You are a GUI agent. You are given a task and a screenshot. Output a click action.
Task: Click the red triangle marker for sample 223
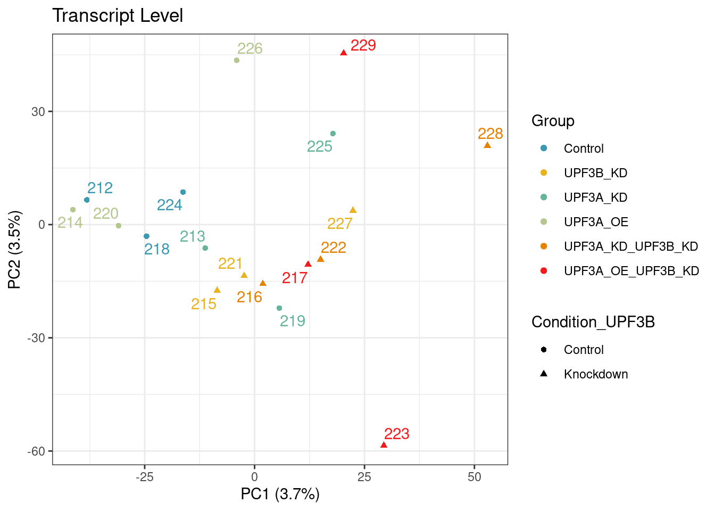click(x=384, y=445)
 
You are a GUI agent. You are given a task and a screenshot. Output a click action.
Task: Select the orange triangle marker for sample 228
click(x=487, y=145)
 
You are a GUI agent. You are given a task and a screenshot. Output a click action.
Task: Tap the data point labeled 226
click(x=237, y=60)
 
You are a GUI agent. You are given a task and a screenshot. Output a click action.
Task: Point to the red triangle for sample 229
click(x=344, y=53)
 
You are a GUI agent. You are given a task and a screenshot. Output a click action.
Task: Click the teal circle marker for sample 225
click(x=333, y=134)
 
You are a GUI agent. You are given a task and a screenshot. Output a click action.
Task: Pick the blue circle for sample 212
click(x=87, y=200)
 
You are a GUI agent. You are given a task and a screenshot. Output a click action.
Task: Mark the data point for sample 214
click(x=73, y=210)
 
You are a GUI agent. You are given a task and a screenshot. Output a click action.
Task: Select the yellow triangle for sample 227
click(x=353, y=210)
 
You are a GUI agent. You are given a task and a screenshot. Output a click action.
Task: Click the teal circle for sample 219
click(x=279, y=308)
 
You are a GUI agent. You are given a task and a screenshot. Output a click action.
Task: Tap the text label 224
click(x=170, y=205)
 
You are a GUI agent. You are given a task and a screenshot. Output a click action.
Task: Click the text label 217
click(x=295, y=278)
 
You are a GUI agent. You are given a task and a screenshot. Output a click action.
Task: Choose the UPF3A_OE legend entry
click(x=596, y=222)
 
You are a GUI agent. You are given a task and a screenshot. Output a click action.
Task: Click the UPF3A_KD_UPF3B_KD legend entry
click(x=630, y=246)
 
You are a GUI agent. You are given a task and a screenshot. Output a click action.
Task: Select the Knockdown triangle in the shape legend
click(x=544, y=374)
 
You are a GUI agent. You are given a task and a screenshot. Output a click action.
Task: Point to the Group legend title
click(x=553, y=121)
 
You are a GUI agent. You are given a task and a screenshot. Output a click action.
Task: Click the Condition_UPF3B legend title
click(x=593, y=322)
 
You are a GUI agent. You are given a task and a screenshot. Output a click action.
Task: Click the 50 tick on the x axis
click(x=474, y=477)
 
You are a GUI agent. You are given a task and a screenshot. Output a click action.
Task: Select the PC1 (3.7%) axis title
click(x=280, y=494)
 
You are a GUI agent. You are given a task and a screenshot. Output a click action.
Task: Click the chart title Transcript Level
click(x=118, y=15)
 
